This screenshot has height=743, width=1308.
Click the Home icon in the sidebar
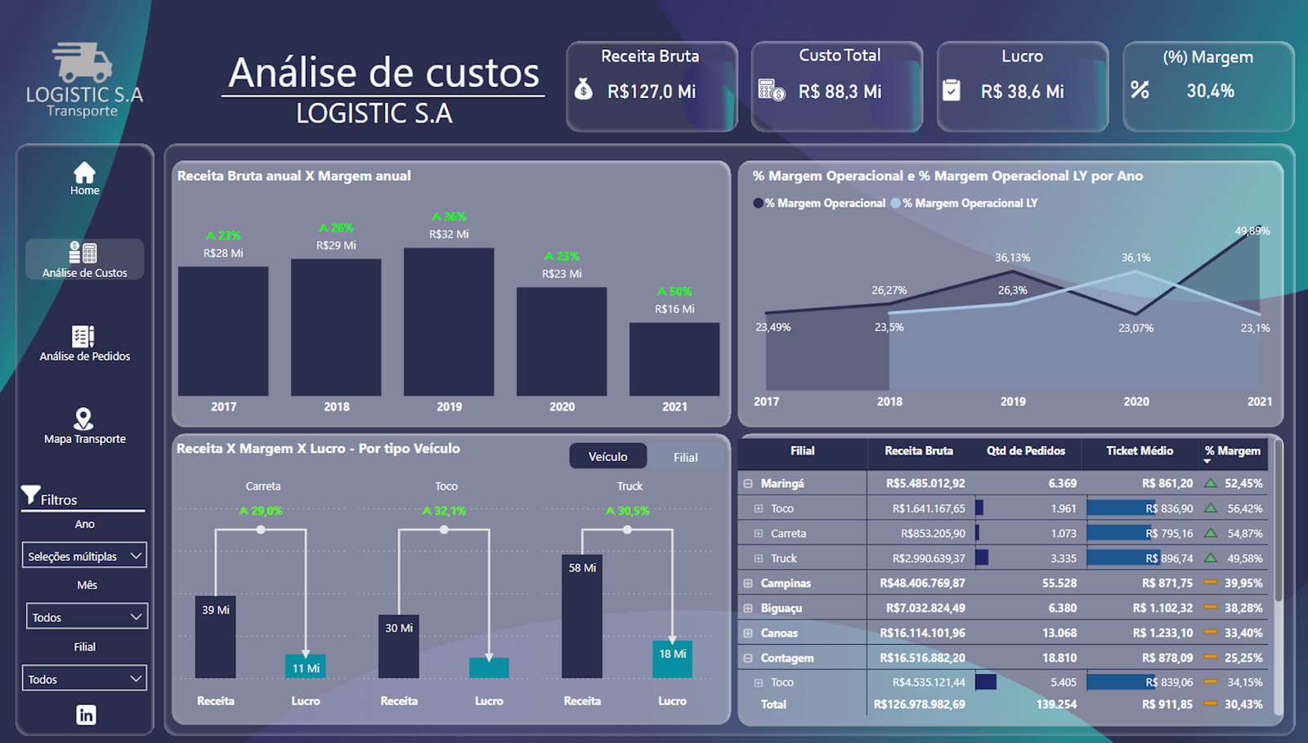tap(84, 172)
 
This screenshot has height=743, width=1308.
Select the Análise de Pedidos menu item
tap(84, 344)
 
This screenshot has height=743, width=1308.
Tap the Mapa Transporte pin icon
tap(83, 418)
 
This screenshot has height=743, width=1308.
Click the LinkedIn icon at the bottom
tap(86, 714)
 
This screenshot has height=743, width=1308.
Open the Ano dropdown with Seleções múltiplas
tap(85, 555)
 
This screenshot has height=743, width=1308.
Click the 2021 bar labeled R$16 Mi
tap(674, 359)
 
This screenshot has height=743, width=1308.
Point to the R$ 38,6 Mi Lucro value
tap(1022, 92)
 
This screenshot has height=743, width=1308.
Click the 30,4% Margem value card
tap(1210, 91)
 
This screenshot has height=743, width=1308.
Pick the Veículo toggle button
tap(607, 456)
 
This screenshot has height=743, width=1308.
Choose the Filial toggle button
tap(685, 457)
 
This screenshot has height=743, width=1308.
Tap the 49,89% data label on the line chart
tap(1252, 231)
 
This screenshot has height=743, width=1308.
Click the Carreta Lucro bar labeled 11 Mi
tap(306, 666)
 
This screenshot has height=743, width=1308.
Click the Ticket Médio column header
tap(1140, 450)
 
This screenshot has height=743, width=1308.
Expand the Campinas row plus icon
tap(747, 583)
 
